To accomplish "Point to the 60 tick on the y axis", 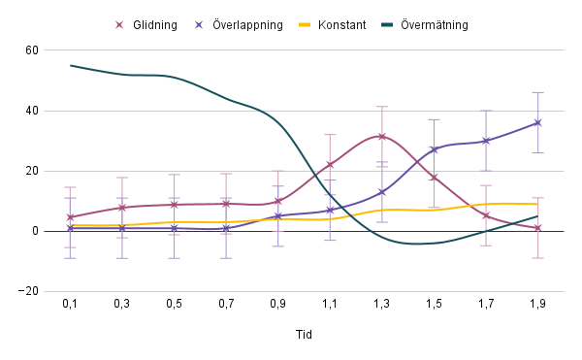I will (32, 50).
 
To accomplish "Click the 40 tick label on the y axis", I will (32, 111).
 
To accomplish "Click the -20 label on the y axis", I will (29, 291).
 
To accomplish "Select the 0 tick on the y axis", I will (35, 231).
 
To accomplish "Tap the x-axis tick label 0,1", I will (71, 305).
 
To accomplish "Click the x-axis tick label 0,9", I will (277, 305).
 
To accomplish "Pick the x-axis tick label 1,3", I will (381, 305).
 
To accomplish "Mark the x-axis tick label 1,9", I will (537, 305).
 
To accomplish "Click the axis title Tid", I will (304, 335).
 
